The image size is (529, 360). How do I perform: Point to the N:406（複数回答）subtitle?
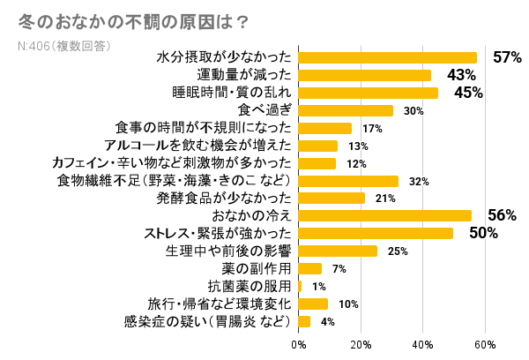click(63, 45)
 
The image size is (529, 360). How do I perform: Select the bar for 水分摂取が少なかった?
click(388, 57)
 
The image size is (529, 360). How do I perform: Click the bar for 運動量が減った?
click(365, 75)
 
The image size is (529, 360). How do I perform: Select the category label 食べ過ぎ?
click(264, 110)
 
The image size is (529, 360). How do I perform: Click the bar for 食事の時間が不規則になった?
click(325, 128)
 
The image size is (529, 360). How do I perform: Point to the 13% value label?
click(358, 146)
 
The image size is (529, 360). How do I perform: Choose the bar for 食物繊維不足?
click(349, 181)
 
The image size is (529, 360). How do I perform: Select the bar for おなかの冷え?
click(385, 215)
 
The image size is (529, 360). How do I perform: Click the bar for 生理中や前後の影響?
click(338, 251)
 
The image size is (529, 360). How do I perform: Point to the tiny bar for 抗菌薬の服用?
click(301, 286)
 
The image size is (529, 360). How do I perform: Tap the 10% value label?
click(348, 304)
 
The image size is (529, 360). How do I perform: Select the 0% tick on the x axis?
click(299, 343)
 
